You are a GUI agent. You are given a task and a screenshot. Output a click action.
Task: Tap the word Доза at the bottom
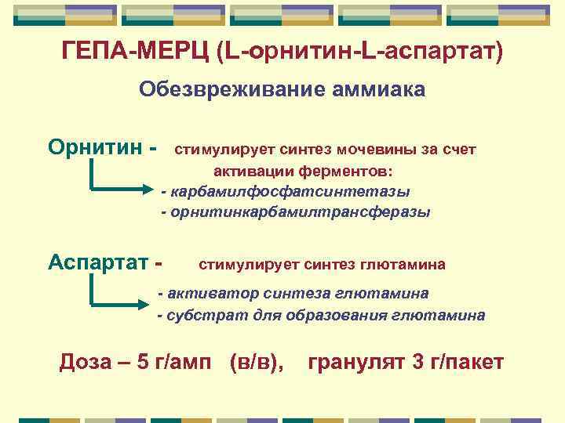(x=89, y=363)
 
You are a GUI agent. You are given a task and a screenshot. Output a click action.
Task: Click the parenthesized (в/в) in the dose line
(x=257, y=363)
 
